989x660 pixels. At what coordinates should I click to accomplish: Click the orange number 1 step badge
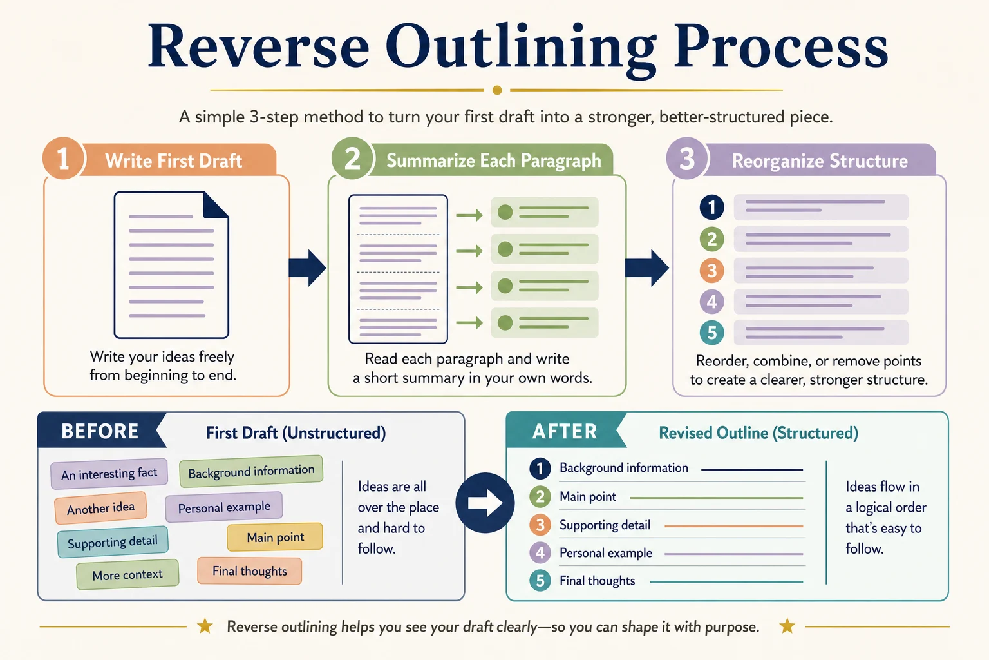click(x=64, y=159)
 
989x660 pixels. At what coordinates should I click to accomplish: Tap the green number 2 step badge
click(x=352, y=159)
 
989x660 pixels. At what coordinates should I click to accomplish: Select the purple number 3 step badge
click(x=687, y=159)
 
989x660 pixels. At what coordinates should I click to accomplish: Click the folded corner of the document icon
click(x=216, y=205)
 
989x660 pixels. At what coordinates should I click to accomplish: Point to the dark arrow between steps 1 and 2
click(x=307, y=268)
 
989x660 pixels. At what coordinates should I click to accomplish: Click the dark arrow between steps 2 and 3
click(x=647, y=268)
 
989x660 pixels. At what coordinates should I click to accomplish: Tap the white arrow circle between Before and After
click(x=485, y=503)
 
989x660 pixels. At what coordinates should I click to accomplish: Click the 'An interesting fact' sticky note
click(x=109, y=474)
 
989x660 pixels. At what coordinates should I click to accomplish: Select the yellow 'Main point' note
click(x=275, y=537)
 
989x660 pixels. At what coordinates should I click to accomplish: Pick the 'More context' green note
click(x=127, y=574)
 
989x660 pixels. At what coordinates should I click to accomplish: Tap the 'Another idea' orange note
click(x=100, y=508)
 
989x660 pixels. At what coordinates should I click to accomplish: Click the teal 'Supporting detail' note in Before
click(x=113, y=542)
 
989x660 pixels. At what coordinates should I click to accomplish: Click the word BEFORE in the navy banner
click(x=100, y=431)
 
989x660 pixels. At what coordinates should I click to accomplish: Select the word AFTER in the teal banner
click(x=565, y=431)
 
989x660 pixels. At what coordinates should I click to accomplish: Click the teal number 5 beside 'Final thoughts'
click(x=540, y=581)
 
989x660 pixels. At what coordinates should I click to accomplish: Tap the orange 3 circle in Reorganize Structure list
click(x=711, y=270)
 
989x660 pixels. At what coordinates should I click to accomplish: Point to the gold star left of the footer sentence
click(x=205, y=626)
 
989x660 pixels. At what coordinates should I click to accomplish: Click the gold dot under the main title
click(x=497, y=90)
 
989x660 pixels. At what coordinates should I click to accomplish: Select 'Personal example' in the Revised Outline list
click(x=606, y=552)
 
